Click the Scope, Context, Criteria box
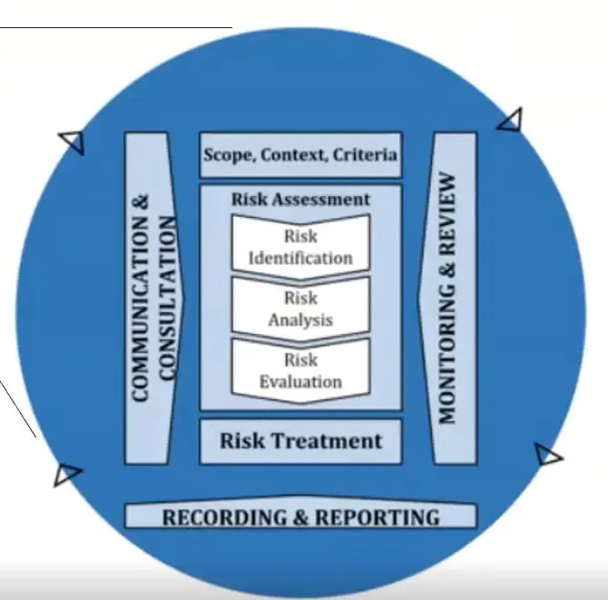(x=300, y=154)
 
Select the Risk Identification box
(x=300, y=245)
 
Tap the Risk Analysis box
(x=300, y=308)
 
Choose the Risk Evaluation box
(x=300, y=370)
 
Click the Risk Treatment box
(x=300, y=442)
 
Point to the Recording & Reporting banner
(x=300, y=517)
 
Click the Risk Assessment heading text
(x=300, y=199)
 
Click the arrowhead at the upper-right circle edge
(x=511, y=119)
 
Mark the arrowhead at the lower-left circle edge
(x=66, y=474)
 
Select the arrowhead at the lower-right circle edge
(x=547, y=455)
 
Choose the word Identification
(x=300, y=257)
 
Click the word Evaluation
(x=300, y=382)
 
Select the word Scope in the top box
(x=228, y=154)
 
